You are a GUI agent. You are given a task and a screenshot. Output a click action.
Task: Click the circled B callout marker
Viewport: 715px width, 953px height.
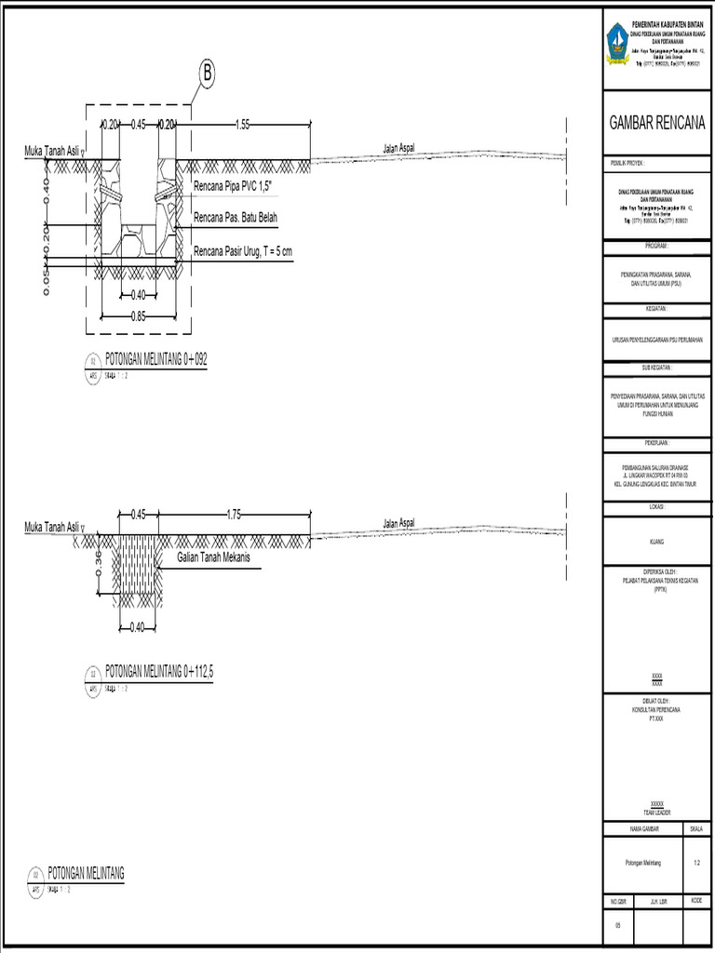[x=207, y=73]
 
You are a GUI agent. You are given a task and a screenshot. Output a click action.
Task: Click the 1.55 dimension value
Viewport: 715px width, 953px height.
[x=243, y=124]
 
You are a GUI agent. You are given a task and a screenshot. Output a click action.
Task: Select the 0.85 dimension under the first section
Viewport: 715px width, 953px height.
[x=138, y=315]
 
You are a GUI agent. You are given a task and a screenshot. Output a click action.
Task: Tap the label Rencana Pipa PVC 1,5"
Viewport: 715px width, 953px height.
[x=239, y=188]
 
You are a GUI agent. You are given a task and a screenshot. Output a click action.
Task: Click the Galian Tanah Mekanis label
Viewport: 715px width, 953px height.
[x=220, y=557]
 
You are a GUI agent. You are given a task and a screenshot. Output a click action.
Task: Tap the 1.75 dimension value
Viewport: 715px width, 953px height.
[x=235, y=514]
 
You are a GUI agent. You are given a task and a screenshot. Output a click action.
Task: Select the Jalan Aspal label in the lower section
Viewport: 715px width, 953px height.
[x=398, y=523]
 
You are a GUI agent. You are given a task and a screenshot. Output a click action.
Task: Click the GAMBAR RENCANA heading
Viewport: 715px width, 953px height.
[x=657, y=123]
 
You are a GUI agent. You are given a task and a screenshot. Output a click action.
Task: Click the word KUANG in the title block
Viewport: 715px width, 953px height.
[x=657, y=541]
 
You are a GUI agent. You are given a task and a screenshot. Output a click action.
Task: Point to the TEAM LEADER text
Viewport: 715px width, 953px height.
[x=657, y=812]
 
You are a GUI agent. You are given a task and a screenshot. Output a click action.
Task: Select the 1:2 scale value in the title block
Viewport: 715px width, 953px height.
[x=696, y=863]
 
